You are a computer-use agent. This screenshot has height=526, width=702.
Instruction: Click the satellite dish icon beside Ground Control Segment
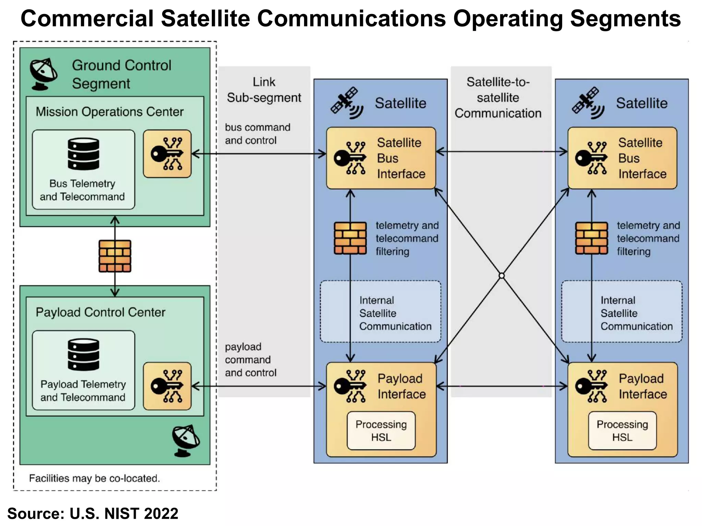[43, 74]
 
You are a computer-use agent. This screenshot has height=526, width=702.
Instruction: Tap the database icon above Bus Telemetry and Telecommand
[83, 154]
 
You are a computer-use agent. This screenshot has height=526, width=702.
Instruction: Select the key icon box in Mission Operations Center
[167, 154]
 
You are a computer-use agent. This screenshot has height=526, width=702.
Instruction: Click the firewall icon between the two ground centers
[115, 256]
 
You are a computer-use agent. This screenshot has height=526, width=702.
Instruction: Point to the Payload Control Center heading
[100, 312]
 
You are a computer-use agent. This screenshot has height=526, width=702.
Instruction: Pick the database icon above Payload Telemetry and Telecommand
[83, 354]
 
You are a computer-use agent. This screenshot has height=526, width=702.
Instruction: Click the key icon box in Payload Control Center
[167, 386]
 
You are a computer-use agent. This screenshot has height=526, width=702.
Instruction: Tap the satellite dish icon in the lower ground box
[185, 441]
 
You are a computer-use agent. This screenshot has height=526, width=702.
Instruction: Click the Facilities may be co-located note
[94, 478]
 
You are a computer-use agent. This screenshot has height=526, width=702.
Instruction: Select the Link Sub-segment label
[264, 90]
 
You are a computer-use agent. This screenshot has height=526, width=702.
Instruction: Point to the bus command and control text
[257, 134]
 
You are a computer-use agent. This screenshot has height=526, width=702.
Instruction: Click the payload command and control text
[251, 360]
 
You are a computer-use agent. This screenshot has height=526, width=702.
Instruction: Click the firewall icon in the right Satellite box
[591, 238]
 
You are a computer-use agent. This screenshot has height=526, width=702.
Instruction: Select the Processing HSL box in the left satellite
[381, 431]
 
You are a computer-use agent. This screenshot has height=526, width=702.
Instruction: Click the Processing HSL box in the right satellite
[622, 431]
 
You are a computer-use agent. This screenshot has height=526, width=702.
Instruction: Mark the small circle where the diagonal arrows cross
[501, 276]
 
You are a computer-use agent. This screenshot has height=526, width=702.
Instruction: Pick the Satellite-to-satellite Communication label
[498, 98]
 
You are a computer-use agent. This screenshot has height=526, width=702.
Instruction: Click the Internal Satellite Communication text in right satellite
[636, 313]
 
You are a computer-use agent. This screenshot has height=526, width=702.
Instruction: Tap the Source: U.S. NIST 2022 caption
[93, 514]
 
